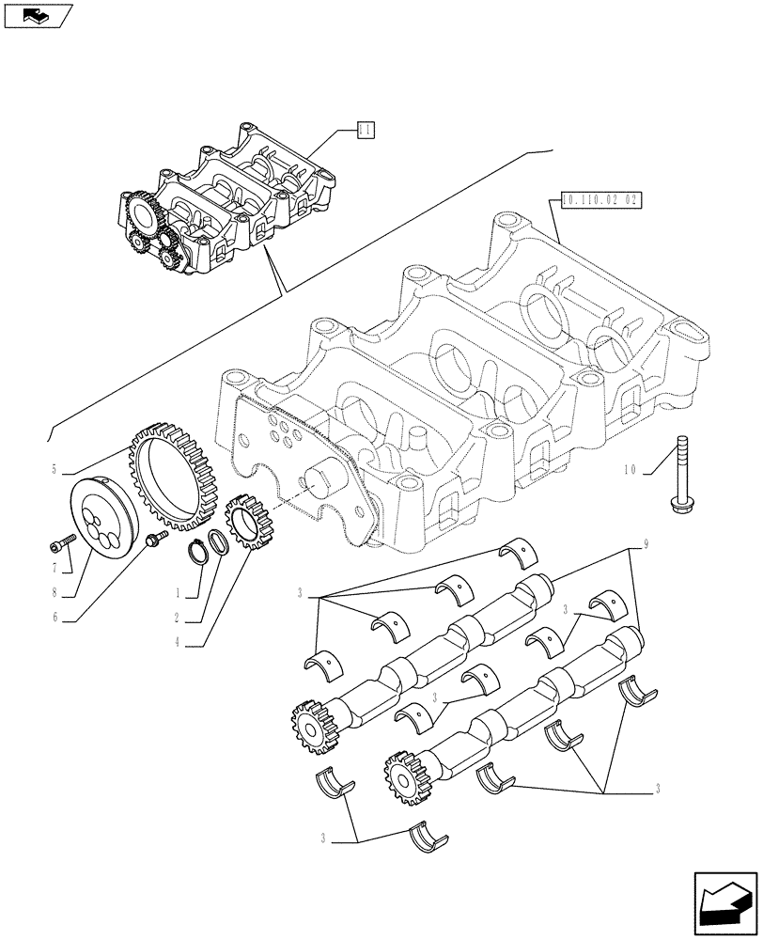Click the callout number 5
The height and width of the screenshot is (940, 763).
click(54, 468)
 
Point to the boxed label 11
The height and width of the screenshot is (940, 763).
click(366, 131)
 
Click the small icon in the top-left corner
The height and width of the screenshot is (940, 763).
click(37, 15)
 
